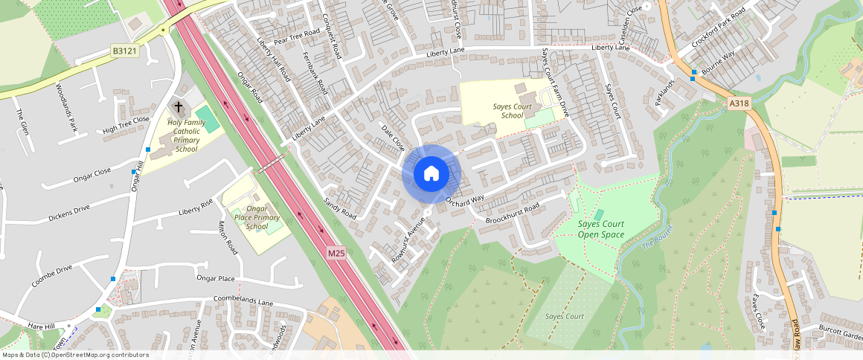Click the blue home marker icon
click(431, 174)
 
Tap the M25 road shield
click(336, 254)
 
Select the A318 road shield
click(738, 104)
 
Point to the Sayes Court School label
click(513, 111)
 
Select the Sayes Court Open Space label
click(602, 229)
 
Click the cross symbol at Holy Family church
click(179, 108)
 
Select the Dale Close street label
click(392, 138)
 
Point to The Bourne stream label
click(657, 236)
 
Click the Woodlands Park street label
click(67, 107)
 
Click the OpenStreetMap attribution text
click(75, 355)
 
